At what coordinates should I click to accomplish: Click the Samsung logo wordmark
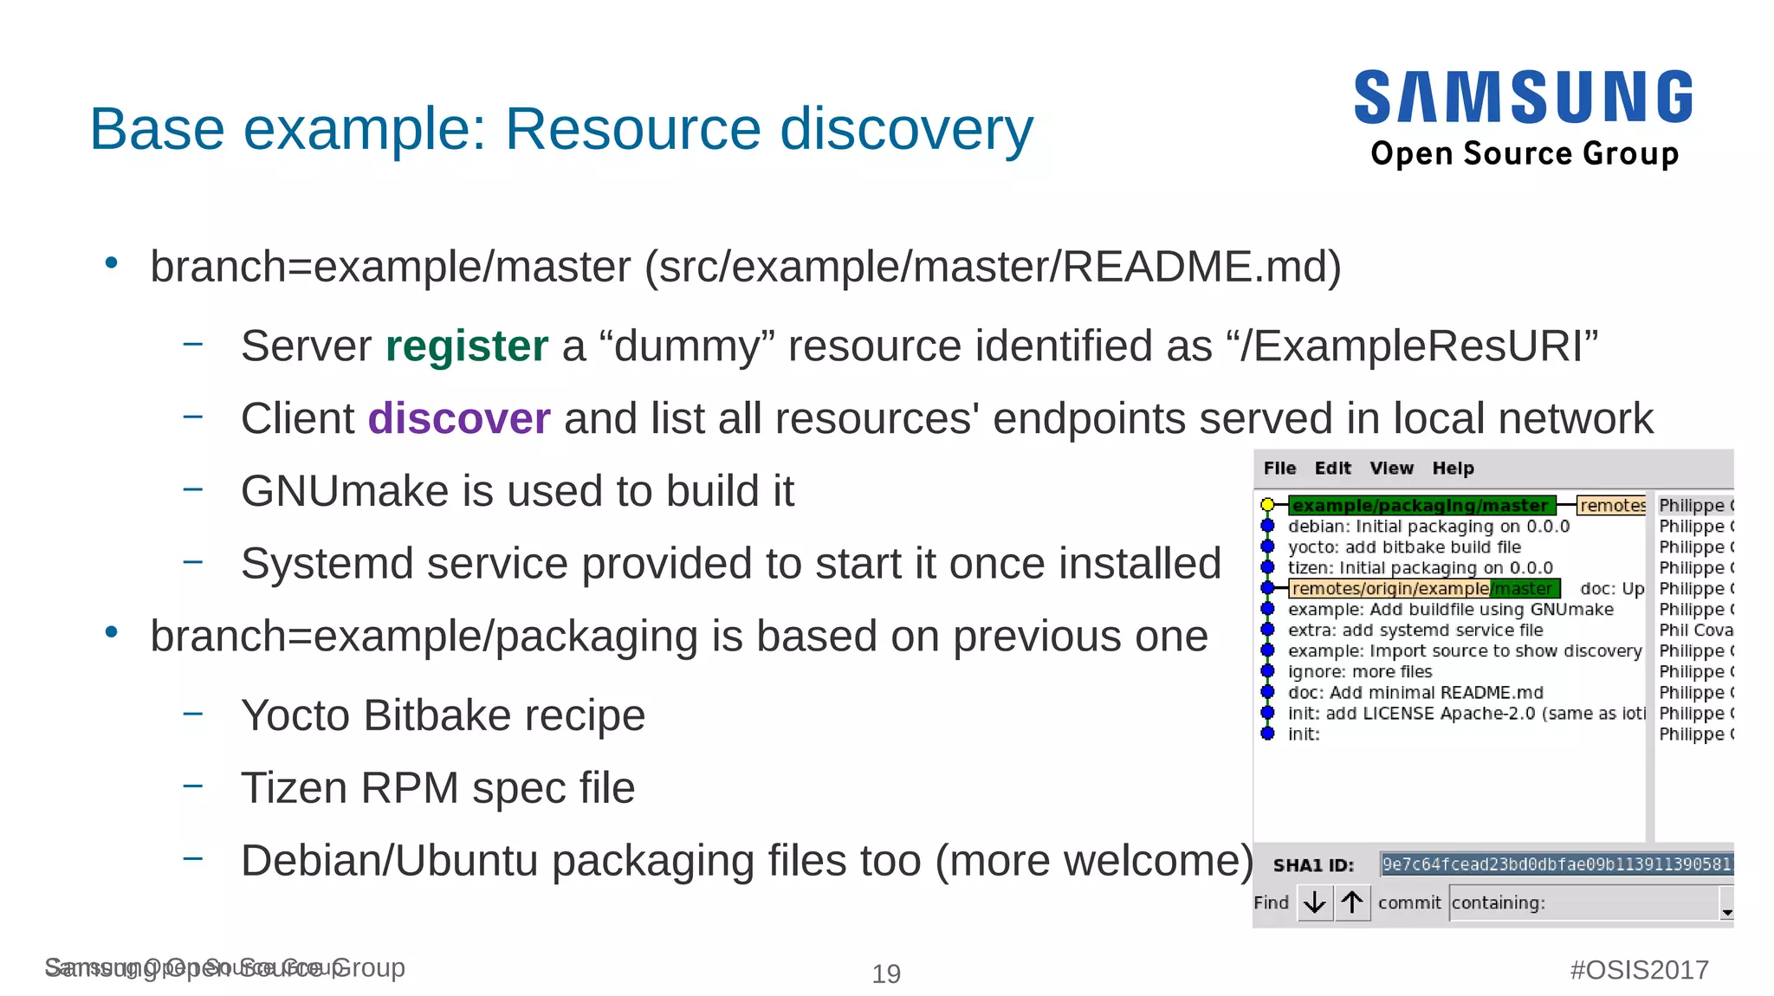[x=1523, y=97]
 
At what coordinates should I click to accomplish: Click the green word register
[x=467, y=346]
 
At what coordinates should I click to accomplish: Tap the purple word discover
[x=459, y=419]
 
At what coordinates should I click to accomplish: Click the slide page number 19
[x=886, y=973]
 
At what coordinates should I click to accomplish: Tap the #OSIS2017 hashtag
[x=1639, y=969]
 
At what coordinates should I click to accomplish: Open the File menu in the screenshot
[x=1279, y=469]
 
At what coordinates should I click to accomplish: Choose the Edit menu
[x=1332, y=469]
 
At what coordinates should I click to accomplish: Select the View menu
[x=1391, y=469]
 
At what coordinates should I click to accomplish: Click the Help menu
[x=1453, y=469]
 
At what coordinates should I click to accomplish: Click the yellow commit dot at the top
[x=1267, y=505]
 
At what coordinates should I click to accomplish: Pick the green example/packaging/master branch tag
[x=1421, y=505]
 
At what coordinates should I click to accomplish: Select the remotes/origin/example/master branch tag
[x=1424, y=589]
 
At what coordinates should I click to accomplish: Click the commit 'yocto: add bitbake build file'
[x=1404, y=547]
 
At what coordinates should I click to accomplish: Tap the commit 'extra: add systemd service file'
[x=1415, y=631]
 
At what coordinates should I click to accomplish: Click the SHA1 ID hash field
[x=1556, y=864]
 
